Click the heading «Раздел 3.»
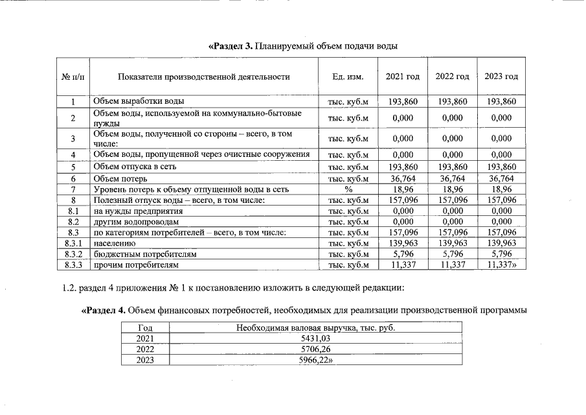231,46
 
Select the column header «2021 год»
402,77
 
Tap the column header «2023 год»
501,77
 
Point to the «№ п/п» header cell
73,77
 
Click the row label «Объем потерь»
120,178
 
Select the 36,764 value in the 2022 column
452,178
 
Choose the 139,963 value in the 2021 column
402,243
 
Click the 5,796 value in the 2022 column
452,254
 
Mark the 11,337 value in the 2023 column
501,265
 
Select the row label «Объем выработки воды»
139,101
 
